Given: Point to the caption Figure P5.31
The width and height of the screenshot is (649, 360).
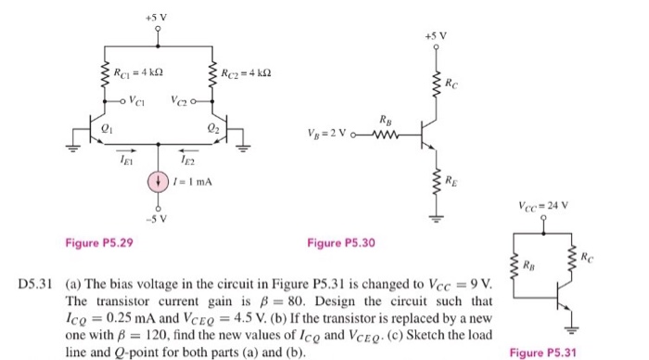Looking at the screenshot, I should coord(549,352).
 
